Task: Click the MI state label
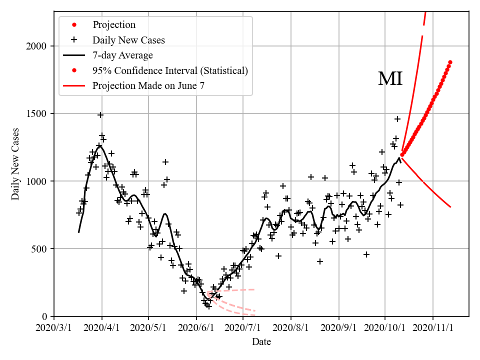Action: coord(390,79)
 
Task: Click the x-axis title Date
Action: coord(261,342)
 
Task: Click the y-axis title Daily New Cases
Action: coord(16,163)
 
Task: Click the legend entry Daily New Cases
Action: coord(128,40)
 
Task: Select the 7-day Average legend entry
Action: coord(122,55)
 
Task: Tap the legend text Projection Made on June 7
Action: coord(148,86)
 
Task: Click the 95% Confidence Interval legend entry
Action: coord(170,70)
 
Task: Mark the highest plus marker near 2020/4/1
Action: coord(100,115)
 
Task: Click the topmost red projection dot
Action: coord(450,62)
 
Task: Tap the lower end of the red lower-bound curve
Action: coord(450,206)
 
